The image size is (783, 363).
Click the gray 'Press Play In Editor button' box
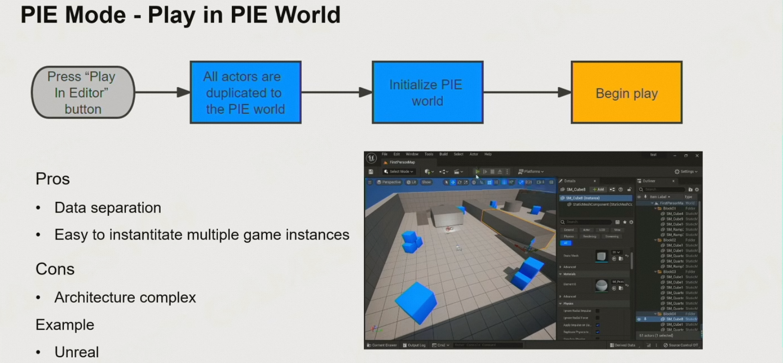click(x=83, y=92)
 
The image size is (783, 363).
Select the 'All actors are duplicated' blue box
click(x=245, y=92)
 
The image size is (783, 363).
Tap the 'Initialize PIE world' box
click(x=427, y=92)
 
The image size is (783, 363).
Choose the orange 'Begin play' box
click(x=627, y=93)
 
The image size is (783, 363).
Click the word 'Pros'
click(x=53, y=179)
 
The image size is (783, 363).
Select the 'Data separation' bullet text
click(x=108, y=207)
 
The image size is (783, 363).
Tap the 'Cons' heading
click(x=55, y=269)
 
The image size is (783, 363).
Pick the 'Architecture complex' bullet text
click(x=125, y=297)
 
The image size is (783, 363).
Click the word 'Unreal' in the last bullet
click(x=76, y=352)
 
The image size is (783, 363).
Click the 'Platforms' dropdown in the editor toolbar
click(x=531, y=172)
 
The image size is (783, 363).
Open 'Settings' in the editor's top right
click(x=686, y=172)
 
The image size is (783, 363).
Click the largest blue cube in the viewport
click(x=416, y=302)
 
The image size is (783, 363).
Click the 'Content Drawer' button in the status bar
click(x=382, y=345)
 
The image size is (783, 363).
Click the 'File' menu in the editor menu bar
click(x=384, y=154)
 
